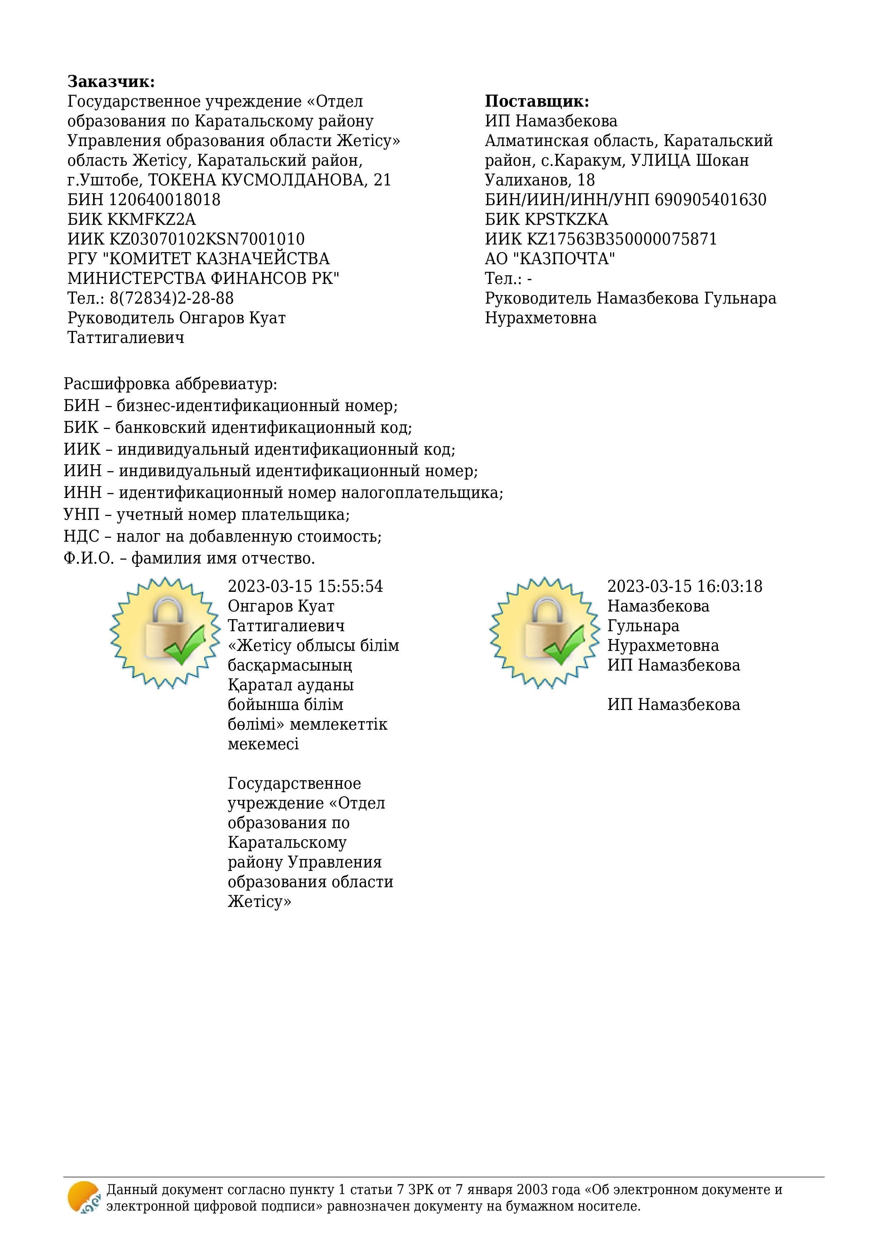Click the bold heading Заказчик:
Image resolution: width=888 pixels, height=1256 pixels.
click(111, 82)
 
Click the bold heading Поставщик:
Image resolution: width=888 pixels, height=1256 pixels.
click(537, 101)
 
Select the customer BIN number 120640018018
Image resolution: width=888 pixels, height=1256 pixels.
click(165, 200)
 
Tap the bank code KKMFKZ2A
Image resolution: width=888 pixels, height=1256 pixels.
click(151, 219)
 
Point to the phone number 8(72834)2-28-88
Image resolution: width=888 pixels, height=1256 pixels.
click(172, 298)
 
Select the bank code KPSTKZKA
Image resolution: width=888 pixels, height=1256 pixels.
click(566, 219)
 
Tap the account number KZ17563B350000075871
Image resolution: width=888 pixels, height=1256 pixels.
click(622, 239)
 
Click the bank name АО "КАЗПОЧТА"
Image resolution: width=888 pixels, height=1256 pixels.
click(550, 259)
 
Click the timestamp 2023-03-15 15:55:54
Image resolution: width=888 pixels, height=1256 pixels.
click(305, 586)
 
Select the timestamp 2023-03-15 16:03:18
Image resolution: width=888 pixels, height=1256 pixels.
click(685, 586)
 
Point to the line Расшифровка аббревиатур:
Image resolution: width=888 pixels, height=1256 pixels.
click(170, 384)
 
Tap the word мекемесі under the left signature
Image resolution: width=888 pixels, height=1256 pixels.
click(263, 744)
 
